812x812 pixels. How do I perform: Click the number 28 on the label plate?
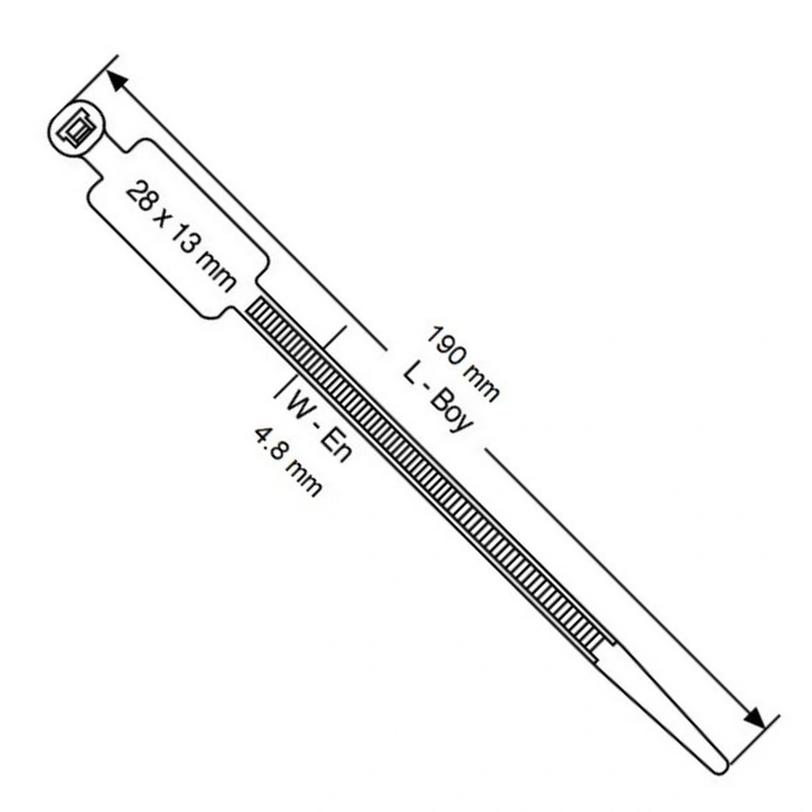coord(140,197)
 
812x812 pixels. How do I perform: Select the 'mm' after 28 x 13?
coord(215,273)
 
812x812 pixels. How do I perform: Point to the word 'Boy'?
coord(451,412)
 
